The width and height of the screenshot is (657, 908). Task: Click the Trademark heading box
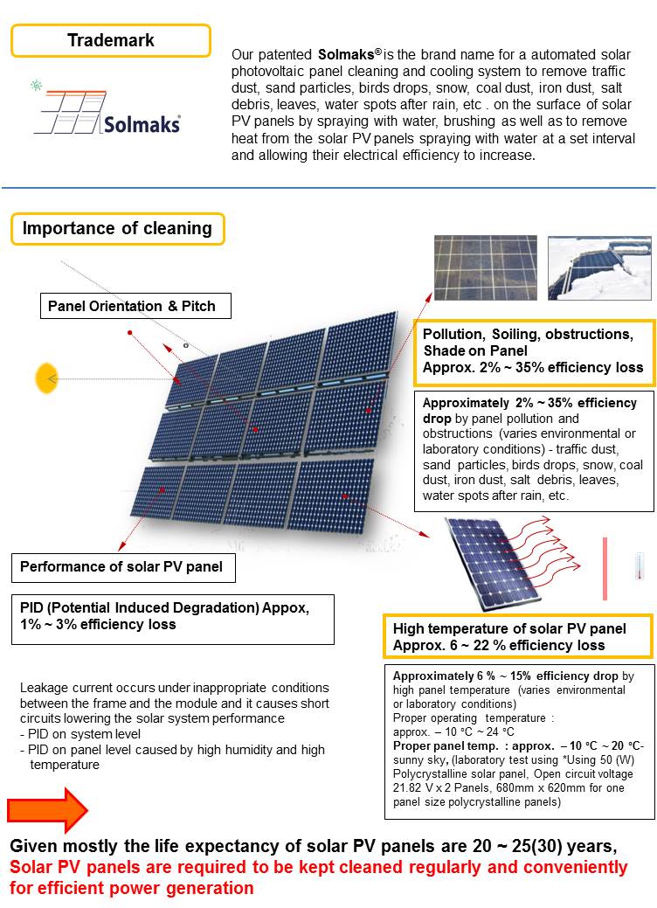click(111, 40)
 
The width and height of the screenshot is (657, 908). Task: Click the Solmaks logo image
click(107, 110)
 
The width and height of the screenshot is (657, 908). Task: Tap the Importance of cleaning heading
click(117, 229)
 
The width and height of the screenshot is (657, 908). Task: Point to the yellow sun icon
click(44, 378)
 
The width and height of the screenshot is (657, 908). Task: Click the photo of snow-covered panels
click(599, 267)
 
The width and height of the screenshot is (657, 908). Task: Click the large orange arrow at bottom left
click(47, 809)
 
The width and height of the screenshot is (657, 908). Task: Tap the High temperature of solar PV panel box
click(518, 637)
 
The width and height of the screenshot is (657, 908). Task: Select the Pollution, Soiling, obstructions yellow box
click(533, 351)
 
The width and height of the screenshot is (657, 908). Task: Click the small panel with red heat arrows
click(489, 564)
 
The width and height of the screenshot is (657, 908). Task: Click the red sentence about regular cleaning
click(318, 877)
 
